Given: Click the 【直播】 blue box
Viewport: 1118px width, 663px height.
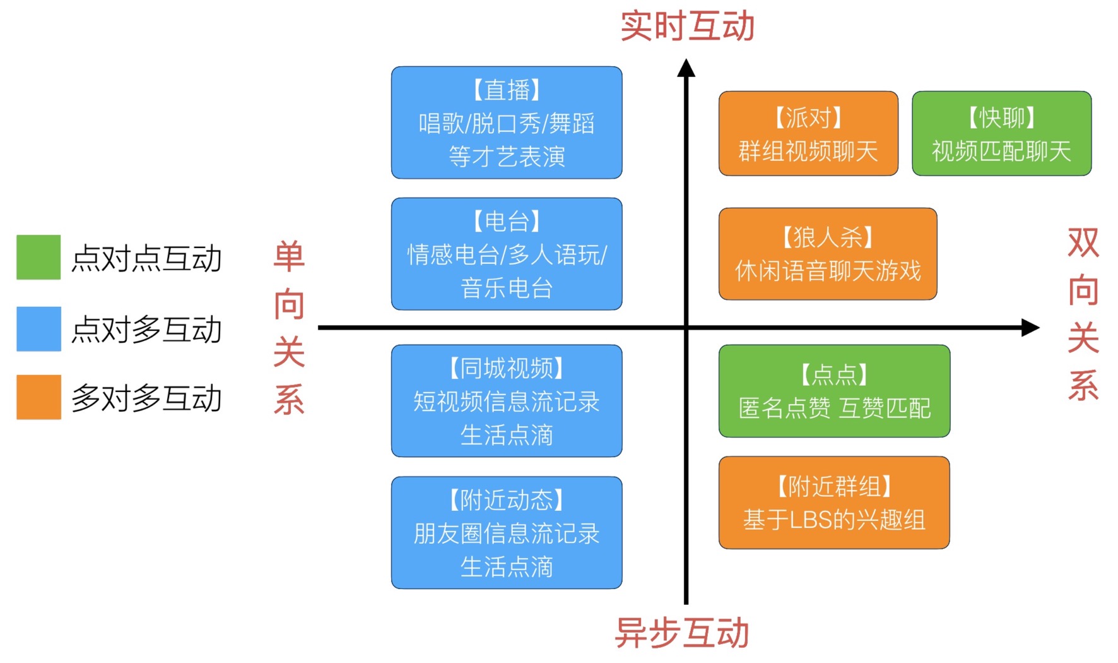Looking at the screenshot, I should click(507, 122).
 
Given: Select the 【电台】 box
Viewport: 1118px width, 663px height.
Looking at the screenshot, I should click(507, 254).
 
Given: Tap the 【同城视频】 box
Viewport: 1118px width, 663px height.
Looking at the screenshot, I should click(507, 401).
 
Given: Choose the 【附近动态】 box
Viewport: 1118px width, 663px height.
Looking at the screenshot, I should click(507, 533).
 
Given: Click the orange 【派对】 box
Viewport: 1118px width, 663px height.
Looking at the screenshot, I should click(808, 133).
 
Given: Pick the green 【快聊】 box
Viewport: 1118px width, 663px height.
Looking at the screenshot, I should click(1001, 133).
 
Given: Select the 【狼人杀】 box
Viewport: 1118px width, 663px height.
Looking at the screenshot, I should click(828, 254).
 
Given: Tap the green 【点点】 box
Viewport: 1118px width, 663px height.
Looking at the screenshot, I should click(834, 391).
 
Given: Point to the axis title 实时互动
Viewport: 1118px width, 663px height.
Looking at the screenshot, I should click(687, 27).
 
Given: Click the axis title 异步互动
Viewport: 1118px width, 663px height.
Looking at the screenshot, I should click(682, 633).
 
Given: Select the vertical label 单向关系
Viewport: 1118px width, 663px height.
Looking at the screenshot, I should click(290, 328).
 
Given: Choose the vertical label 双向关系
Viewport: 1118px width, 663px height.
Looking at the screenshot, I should click(1083, 314).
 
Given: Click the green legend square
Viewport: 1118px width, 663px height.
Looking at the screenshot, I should click(38, 257).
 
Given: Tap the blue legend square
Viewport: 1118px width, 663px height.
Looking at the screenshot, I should click(38, 329).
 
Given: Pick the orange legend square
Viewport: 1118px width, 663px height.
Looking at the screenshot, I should click(38, 397).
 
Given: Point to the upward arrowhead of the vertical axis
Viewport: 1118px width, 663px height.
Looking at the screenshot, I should click(686, 68).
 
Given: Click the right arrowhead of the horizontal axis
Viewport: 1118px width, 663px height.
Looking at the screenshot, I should click(1030, 328).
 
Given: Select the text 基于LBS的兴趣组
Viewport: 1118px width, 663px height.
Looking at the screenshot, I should click(834, 520).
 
